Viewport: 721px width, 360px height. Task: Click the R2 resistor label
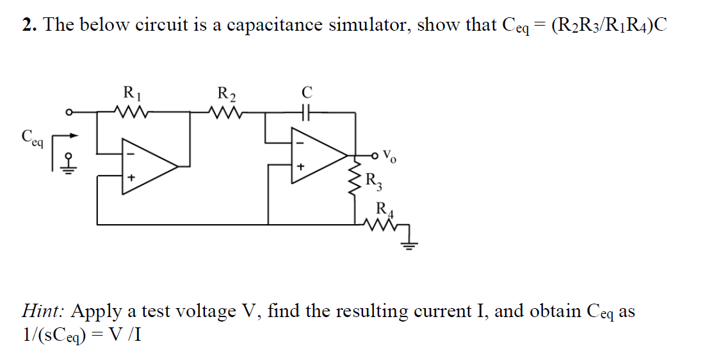[x=226, y=94]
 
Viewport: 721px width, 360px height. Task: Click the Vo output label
[x=392, y=156]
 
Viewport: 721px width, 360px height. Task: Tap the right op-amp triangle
[x=316, y=156]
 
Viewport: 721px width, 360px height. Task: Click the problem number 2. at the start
[x=28, y=25]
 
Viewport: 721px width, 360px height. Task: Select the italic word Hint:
[x=42, y=311]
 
